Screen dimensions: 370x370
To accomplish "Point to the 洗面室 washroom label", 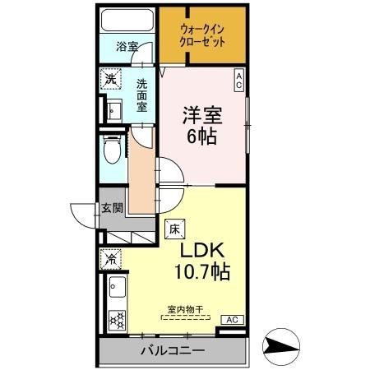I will pyautogui.click(x=141, y=95).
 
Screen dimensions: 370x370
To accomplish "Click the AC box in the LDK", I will pyautogui.click(x=231, y=319).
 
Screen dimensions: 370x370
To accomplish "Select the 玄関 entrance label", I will pyautogui.click(x=112, y=208).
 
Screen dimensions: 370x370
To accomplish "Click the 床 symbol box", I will pyautogui.click(x=174, y=229).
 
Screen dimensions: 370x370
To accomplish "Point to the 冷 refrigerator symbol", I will pyautogui.click(x=110, y=259).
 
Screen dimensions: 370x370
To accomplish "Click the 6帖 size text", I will pyautogui.click(x=201, y=136).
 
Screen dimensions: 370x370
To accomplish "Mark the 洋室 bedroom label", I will pyautogui.click(x=201, y=114).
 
